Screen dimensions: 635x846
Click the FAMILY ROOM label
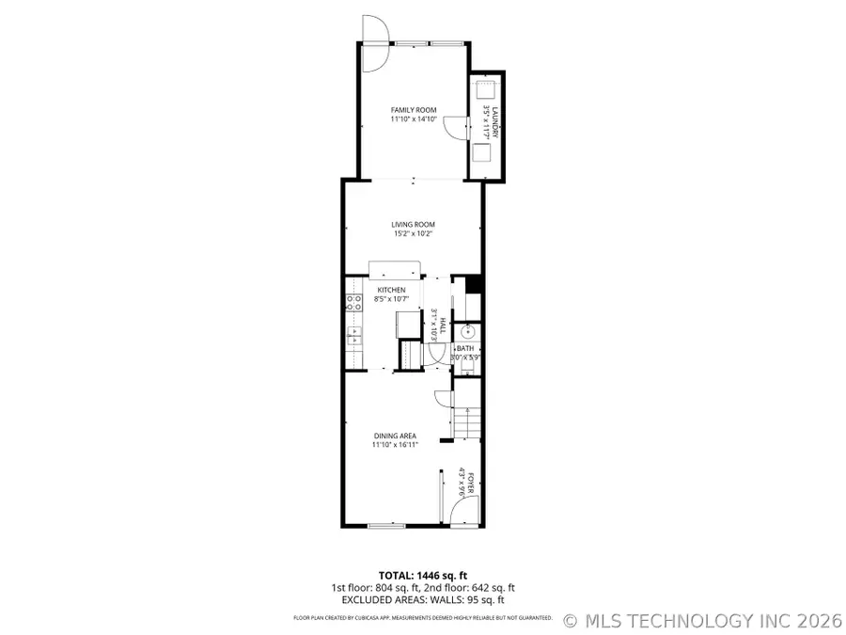coord(414,110)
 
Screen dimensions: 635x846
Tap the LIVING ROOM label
coord(414,224)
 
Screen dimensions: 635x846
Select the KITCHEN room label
coord(391,290)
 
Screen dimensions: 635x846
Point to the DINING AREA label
coord(395,436)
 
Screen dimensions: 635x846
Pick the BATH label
coord(465,348)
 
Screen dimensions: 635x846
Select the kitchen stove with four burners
coord(354,302)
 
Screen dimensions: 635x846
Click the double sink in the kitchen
coord(354,334)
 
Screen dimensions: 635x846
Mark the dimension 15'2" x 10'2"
coord(414,233)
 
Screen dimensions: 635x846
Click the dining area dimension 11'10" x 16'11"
coord(395,445)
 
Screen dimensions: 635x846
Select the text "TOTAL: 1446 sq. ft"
coord(422,575)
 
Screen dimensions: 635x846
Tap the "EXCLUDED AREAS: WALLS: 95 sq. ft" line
coord(422,599)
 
